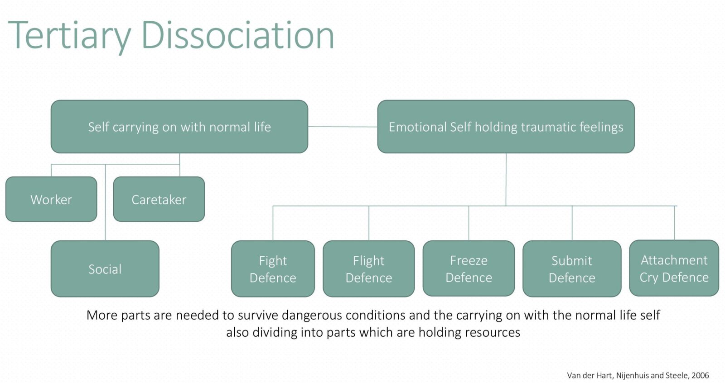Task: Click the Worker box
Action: tap(51, 199)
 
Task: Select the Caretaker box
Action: tap(159, 199)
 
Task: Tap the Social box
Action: tap(105, 269)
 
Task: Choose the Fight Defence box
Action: tap(273, 269)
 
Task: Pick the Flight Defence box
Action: tap(368, 269)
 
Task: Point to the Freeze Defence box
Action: tap(469, 268)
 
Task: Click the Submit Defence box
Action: tap(572, 269)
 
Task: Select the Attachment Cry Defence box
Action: tap(674, 268)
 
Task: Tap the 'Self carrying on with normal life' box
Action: tap(179, 127)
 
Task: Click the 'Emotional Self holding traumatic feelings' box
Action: tap(506, 127)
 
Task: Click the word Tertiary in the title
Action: tap(69, 35)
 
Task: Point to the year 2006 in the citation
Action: tap(700, 375)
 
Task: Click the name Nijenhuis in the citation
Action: tap(633, 375)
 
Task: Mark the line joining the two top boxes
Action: tap(343, 127)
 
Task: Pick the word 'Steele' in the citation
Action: tap(676, 375)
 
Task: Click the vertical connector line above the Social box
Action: tap(105, 204)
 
